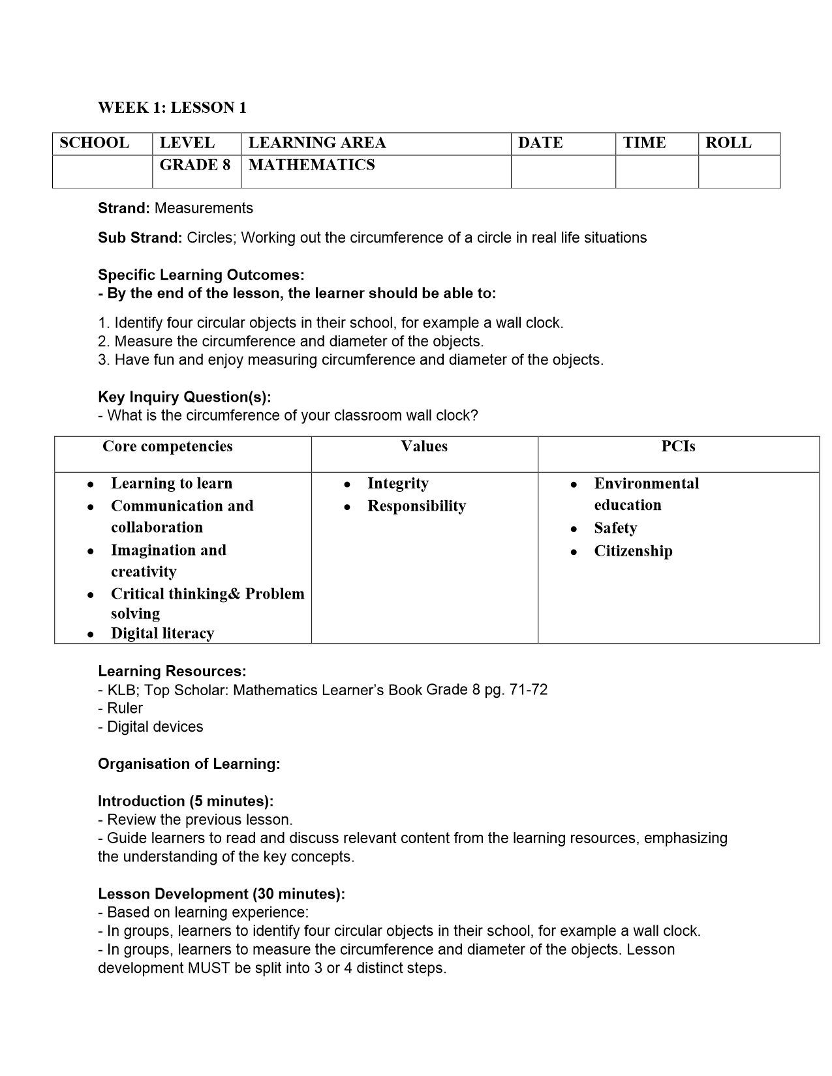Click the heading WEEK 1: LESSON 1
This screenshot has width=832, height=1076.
coord(172,108)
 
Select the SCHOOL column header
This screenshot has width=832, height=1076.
coord(94,143)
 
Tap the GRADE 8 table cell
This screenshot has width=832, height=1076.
coord(194,165)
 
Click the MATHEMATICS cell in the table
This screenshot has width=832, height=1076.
coord(311,165)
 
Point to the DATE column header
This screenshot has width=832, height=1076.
coord(540,143)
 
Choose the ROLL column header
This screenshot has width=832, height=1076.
coord(728,143)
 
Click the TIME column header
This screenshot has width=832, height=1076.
coord(644,143)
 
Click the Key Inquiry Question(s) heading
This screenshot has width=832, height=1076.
coord(185,397)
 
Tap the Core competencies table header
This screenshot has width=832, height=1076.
coord(168,447)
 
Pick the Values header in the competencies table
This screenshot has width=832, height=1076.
coord(424,447)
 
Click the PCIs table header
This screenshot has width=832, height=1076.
coord(678,447)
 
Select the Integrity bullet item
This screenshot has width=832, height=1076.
coord(398,483)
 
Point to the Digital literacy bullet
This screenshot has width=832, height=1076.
coord(162,633)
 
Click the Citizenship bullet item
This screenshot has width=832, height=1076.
coord(633,551)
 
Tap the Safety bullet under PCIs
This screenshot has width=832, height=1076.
coord(615,528)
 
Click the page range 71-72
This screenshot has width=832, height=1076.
coord(528,689)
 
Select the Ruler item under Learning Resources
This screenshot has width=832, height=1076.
coord(125,708)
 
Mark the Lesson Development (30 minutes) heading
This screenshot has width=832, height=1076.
coord(222,894)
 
